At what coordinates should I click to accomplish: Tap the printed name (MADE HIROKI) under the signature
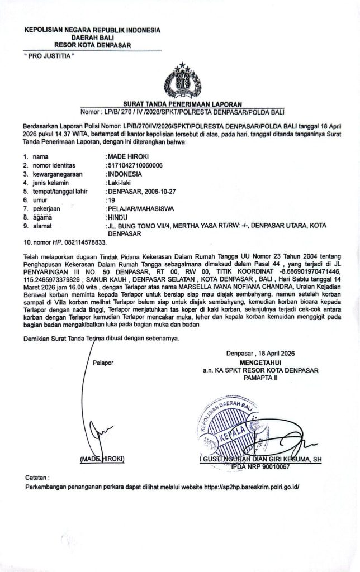click(102, 459)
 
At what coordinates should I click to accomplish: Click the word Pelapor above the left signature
click(103, 362)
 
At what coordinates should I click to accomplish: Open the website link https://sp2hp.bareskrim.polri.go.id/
click(252, 487)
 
